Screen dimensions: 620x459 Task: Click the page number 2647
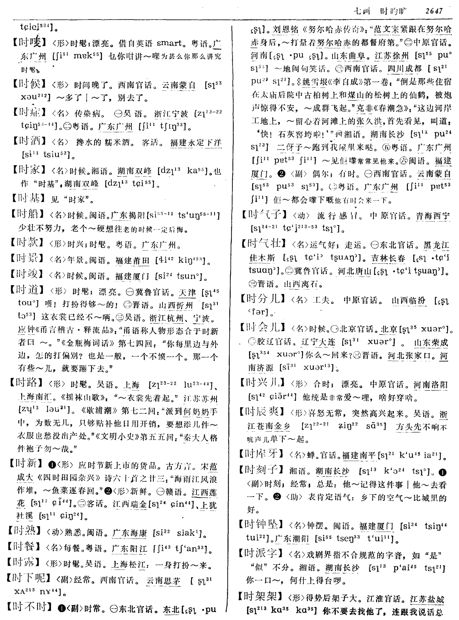coord(434,11)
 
